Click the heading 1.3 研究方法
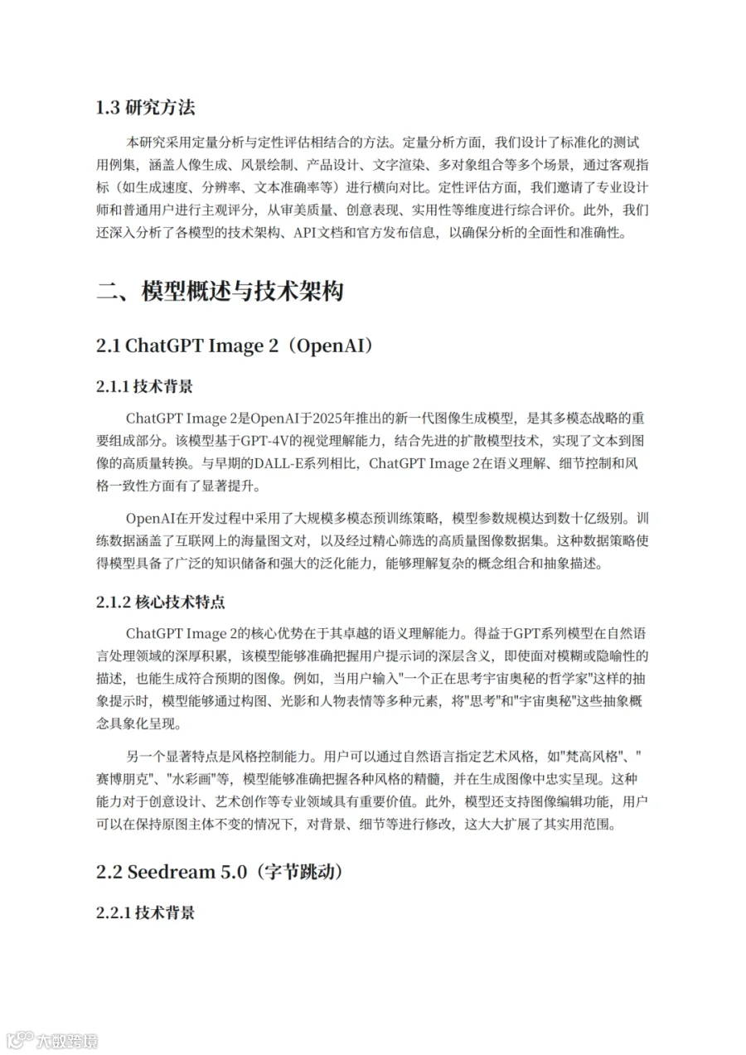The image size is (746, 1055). click(x=146, y=108)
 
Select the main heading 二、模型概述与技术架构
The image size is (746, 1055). click(x=220, y=292)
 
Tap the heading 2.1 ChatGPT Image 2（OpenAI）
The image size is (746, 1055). click(x=235, y=346)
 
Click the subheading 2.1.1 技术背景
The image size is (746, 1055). click(x=145, y=386)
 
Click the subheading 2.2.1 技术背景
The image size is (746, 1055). click(x=145, y=912)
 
